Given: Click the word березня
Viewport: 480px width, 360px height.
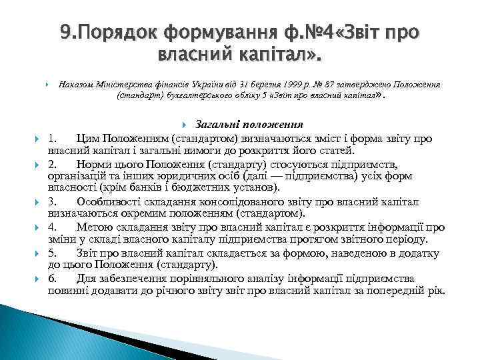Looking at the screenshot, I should [x=231, y=85].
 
